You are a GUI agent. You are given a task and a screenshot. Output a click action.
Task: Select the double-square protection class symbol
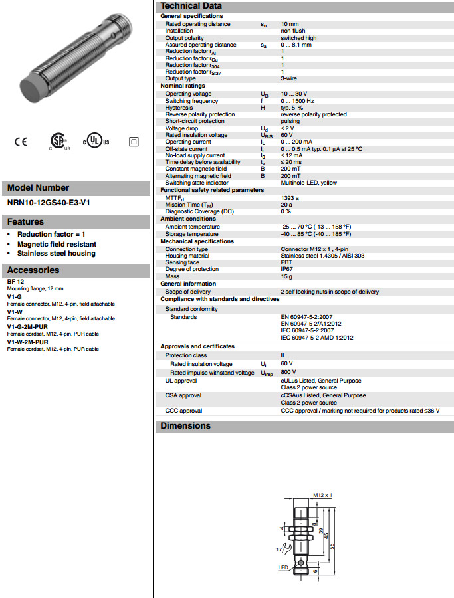[133, 142]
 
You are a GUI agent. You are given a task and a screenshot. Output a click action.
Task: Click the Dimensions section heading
[185, 426]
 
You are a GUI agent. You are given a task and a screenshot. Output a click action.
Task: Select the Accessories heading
[33, 270]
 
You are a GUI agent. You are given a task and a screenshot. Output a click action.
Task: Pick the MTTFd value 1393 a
[290, 197]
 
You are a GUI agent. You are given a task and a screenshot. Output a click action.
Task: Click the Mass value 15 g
[286, 276]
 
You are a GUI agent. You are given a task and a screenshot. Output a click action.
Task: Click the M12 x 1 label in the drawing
[322, 496]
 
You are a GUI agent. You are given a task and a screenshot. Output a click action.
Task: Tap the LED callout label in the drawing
[283, 568]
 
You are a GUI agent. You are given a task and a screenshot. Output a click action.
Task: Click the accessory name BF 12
[15, 282]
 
